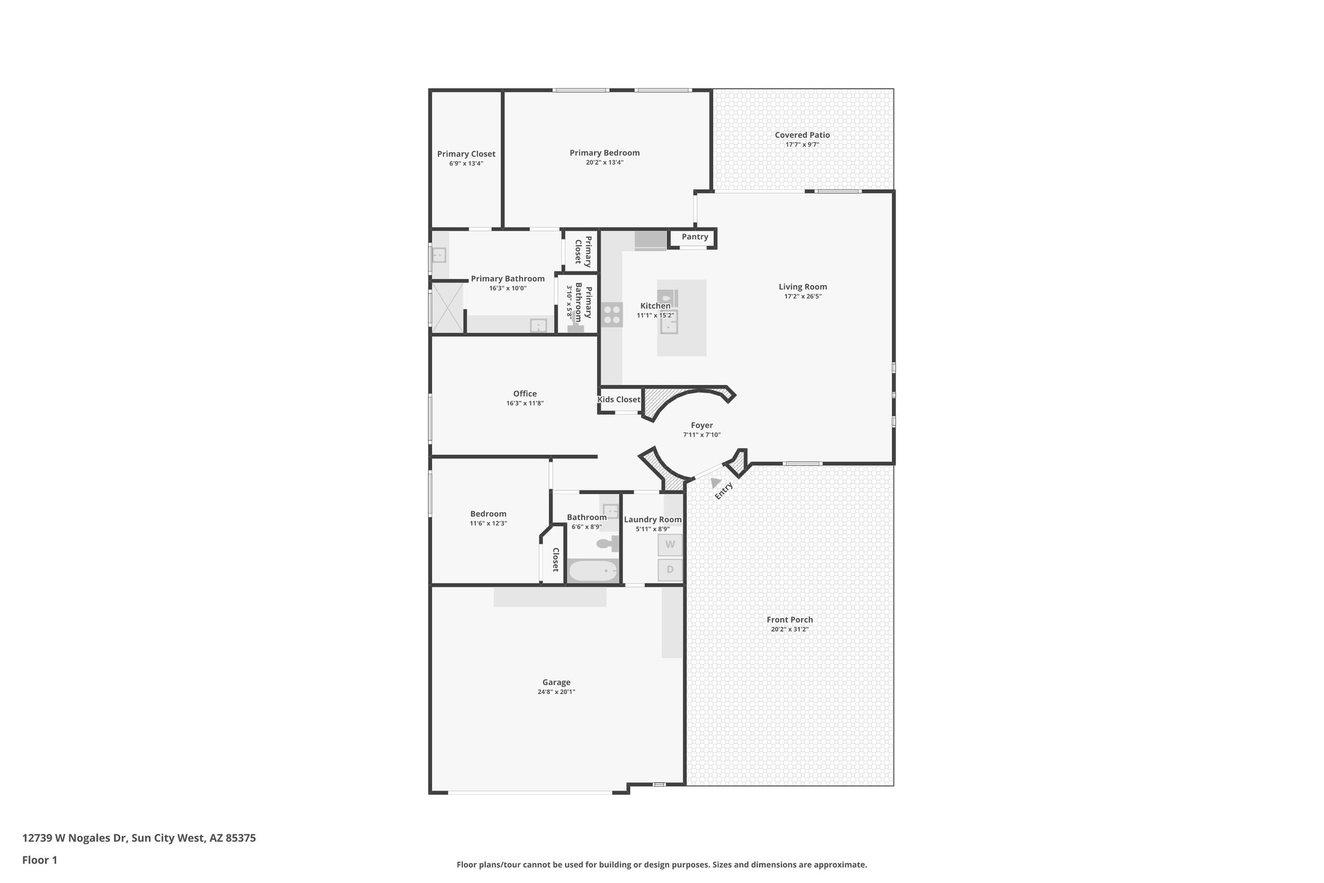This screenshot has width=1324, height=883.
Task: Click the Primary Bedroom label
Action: [x=604, y=153]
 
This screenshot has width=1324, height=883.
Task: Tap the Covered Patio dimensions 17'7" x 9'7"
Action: [x=802, y=145]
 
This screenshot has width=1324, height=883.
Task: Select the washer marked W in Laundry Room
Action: [x=670, y=545]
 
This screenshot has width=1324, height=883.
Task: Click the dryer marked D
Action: [x=670, y=570]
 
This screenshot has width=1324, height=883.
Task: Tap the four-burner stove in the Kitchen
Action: [x=612, y=315]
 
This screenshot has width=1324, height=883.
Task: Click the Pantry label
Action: [x=695, y=237]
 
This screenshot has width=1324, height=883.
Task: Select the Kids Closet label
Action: [x=619, y=400]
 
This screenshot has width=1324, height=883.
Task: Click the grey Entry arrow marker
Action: [x=715, y=483]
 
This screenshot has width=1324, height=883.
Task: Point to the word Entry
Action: [x=724, y=491]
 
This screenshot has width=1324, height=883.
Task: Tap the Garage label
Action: [x=556, y=682]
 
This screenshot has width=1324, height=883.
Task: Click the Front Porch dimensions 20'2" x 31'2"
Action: [x=789, y=629]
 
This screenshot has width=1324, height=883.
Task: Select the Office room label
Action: [x=525, y=394]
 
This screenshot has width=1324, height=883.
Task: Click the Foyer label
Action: [x=701, y=426]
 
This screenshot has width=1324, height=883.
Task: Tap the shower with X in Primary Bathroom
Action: [x=447, y=308]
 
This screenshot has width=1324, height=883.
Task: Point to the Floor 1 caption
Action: [x=39, y=860]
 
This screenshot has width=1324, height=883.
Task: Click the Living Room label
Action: [x=802, y=287]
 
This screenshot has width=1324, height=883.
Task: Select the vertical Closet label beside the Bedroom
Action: [x=555, y=560]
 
